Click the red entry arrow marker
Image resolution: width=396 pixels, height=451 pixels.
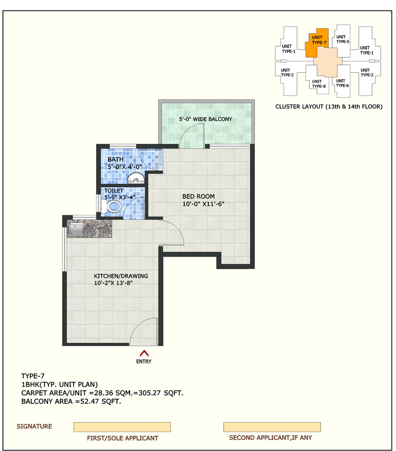pyautogui.click(x=144, y=353)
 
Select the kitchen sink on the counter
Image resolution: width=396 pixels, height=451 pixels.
pyautogui.click(x=76, y=229)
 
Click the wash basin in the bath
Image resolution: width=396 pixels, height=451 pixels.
pyautogui.click(x=136, y=178)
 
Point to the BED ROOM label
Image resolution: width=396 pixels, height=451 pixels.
pyautogui.click(x=198, y=196)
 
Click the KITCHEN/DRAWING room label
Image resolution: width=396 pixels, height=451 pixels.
pyautogui.click(x=121, y=276)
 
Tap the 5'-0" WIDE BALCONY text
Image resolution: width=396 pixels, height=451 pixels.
pyautogui.click(x=205, y=119)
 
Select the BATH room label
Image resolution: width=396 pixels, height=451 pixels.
pyautogui.click(x=115, y=160)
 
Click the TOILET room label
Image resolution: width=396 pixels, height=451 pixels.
pyautogui.click(x=114, y=191)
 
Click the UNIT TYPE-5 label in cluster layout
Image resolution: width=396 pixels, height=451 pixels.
pyautogui.click(x=343, y=39)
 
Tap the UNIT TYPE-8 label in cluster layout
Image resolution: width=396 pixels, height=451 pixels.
pyautogui.click(x=319, y=84)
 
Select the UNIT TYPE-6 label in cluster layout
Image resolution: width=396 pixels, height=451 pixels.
pyautogui.click(x=342, y=83)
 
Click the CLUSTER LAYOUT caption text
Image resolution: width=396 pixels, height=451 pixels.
pyautogui.click(x=329, y=107)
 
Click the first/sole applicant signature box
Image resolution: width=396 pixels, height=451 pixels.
pyautogui.click(x=122, y=427)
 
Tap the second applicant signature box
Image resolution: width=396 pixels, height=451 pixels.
pyautogui.click(x=272, y=427)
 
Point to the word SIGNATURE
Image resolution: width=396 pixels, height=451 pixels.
pyautogui.click(x=34, y=426)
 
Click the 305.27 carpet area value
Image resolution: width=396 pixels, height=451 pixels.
pyautogui.click(x=149, y=393)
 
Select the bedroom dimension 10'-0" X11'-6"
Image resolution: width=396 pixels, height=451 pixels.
pyautogui.click(x=203, y=204)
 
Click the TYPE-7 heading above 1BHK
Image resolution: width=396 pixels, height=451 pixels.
pyautogui.click(x=33, y=376)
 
